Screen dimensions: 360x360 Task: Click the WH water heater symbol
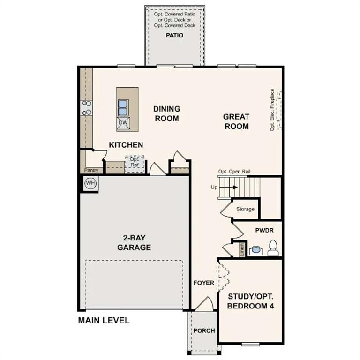90,183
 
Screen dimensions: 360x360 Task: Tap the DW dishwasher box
123,123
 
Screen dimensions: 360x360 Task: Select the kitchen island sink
123,107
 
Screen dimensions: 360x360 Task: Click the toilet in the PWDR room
273,248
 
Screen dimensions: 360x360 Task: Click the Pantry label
91,170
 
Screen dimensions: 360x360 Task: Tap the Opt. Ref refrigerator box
134,163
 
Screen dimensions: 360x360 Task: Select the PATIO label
174,35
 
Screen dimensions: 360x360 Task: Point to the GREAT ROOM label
236,121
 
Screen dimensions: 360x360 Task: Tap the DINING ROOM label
166,113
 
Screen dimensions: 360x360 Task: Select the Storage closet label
245,209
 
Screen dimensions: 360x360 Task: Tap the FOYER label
203,283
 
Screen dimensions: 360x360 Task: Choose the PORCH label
204,330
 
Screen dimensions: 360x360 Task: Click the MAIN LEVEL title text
103,321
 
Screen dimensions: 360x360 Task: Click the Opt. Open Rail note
237,172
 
